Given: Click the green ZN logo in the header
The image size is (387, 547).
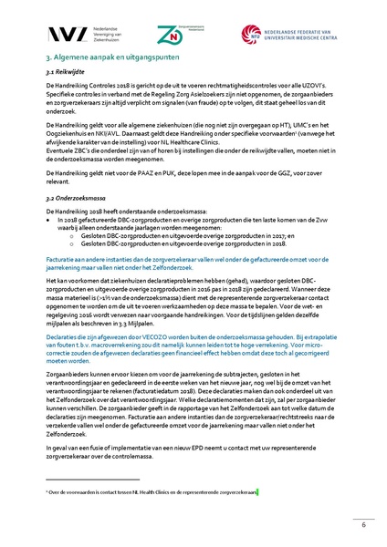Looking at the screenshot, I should [x=174, y=33].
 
